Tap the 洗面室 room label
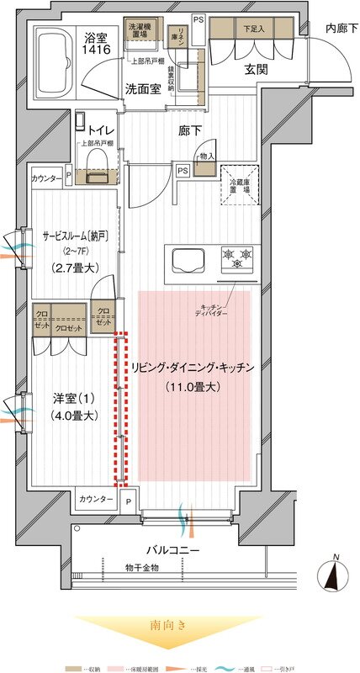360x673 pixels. pyautogui.click(x=146, y=87)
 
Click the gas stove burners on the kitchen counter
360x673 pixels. pyautogui.click(x=236, y=256)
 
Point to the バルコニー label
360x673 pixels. pyautogui.click(x=172, y=550)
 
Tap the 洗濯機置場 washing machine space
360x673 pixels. pyautogui.click(x=139, y=29)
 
